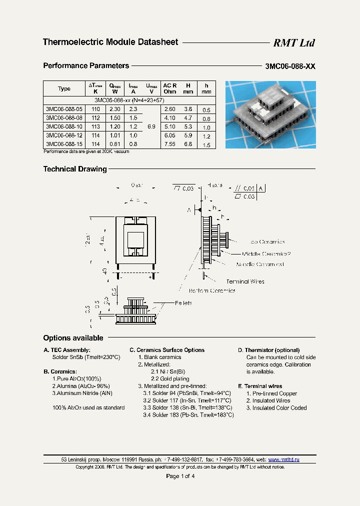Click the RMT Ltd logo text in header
coord(294,43)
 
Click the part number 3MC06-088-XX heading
coord(290,66)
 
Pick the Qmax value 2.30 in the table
coord(114,109)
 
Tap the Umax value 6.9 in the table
coord(151,127)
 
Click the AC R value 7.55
coord(170,144)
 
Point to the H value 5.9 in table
coord(188,135)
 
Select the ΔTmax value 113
coord(95,127)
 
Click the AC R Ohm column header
coord(170,88)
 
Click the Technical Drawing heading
coord(75,169)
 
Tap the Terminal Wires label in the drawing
coord(245,281)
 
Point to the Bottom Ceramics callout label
coord(212,290)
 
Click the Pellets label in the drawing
coord(183,303)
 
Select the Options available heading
coord(73,338)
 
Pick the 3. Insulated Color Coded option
coord(276,408)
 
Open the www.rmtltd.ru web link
coord(283,459)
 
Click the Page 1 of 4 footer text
coord(180,476)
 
